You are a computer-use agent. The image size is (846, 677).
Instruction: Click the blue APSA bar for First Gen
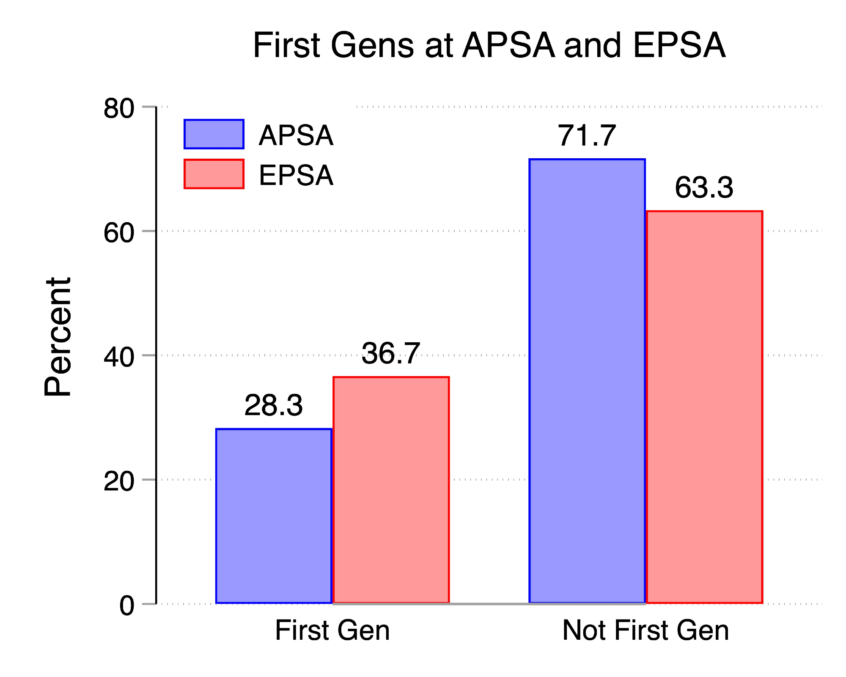tap(274, 516)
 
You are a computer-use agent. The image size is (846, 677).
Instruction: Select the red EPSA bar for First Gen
tap(391, 490)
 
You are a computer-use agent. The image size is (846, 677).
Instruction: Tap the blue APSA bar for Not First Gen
tap(587, 381)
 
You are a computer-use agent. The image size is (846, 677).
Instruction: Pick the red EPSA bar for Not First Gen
tap(704, 407)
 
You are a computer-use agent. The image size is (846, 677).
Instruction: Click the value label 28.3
tap(274, 405)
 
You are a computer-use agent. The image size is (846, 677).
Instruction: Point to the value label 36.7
tap(391, 353)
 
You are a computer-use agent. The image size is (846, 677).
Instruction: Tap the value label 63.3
tap(704, 187)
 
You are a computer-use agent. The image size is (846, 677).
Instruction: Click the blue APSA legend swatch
tap(214, 134)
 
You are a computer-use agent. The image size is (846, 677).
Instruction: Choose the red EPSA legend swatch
tap(214, 174)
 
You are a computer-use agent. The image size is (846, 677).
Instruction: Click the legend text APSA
tap(296, 136)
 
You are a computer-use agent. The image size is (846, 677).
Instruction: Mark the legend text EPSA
tap(296, 175)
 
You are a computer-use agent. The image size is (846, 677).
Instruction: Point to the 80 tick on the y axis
tap(119, 108)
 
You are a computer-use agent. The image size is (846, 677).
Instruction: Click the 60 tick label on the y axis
tap(119, 232)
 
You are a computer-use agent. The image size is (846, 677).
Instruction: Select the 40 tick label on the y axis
tap(119, 357)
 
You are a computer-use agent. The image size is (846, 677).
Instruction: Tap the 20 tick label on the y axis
tap(119, 481)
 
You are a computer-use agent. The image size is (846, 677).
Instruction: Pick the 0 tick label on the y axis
tap(127, 605)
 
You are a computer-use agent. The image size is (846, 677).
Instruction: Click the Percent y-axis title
tap(58, 337)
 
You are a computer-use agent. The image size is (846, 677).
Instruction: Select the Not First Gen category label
tap(645, 630)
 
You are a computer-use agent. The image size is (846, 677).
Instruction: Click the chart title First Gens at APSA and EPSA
tap(489, 45)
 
